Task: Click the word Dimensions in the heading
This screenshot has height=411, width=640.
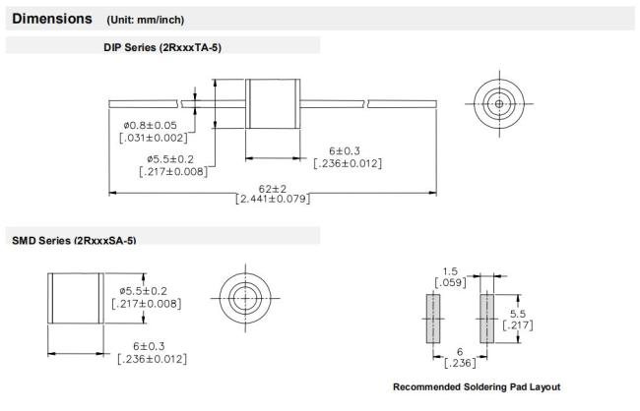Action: pos(52,19)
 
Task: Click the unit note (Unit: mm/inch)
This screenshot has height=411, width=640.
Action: pos(146,20)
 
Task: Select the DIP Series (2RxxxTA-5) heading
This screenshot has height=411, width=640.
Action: pos(162,48)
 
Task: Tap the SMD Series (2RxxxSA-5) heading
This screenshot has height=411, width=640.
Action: pos(74,240)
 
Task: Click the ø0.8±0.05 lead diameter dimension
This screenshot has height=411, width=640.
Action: pos(151,125)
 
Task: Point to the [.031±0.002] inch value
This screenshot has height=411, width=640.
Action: pos(154,138)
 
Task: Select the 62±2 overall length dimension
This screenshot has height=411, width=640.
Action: pos(273,189)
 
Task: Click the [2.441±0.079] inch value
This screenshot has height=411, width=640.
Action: pos(273,199)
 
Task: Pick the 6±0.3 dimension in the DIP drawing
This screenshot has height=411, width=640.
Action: pos(345,150)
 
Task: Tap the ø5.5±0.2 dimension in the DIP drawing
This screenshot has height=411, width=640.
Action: pos(170,159)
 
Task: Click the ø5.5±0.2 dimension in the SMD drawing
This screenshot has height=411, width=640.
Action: pos(144,291)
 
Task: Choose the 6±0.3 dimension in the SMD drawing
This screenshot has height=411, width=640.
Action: pos(149,346)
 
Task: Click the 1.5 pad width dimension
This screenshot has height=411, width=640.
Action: pos(450,271)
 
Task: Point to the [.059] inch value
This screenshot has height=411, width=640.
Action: pos(450,282)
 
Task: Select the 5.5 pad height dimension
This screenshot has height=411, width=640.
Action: pos(518,314)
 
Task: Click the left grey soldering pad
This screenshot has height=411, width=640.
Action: pos(433,319)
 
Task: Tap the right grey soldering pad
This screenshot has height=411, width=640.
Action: pos(487,319)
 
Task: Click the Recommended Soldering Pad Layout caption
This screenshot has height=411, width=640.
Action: pos(477,387)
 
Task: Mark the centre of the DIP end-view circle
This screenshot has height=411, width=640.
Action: pos(499,103)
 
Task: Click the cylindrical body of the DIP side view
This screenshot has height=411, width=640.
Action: pos(273,103)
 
